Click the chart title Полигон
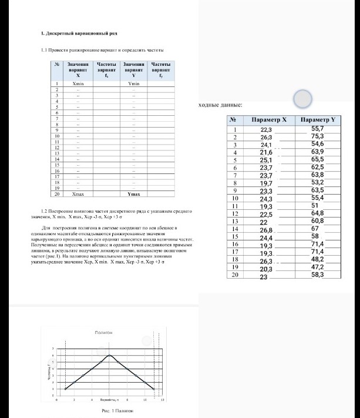point(103,333)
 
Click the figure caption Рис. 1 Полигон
point(109,411)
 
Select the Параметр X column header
point(268,119)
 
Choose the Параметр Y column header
point(317,119)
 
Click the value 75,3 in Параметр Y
point(318,136)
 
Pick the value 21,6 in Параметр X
point(267,152)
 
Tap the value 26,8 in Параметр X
point(267,230)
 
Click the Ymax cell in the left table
point(134,193)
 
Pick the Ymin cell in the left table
point(134,85)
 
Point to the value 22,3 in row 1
point(267,129)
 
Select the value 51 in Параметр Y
point(315,205)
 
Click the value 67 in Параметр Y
point(315,228)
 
